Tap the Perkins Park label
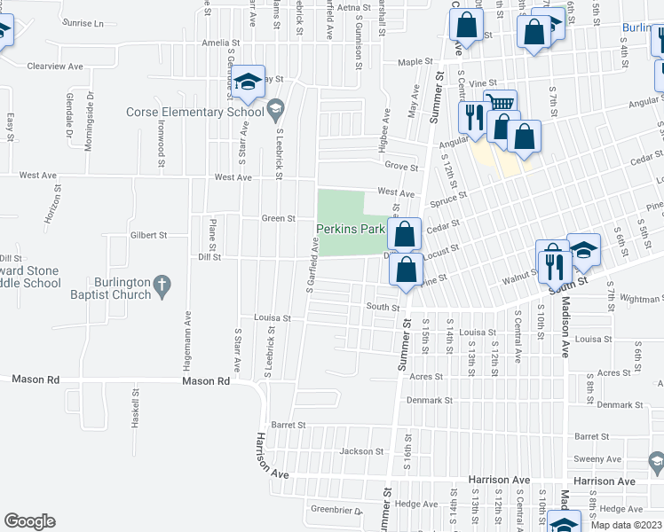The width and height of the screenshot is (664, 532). click(x=351, y=229)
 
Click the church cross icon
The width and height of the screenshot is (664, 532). click(x=161, y=285)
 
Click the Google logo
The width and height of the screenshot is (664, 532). click(x=29, y=521)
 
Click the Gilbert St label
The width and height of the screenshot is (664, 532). click(x=149, y=235)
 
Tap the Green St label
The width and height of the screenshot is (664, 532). click(x=278, y=218)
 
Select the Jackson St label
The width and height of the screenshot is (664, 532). click(x=361, y=451)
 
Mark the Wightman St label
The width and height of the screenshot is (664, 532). click(x=639, y=300)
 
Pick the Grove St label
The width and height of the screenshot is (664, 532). click(x=401, y=166)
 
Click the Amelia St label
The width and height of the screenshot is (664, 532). click(x=221, y=43)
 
